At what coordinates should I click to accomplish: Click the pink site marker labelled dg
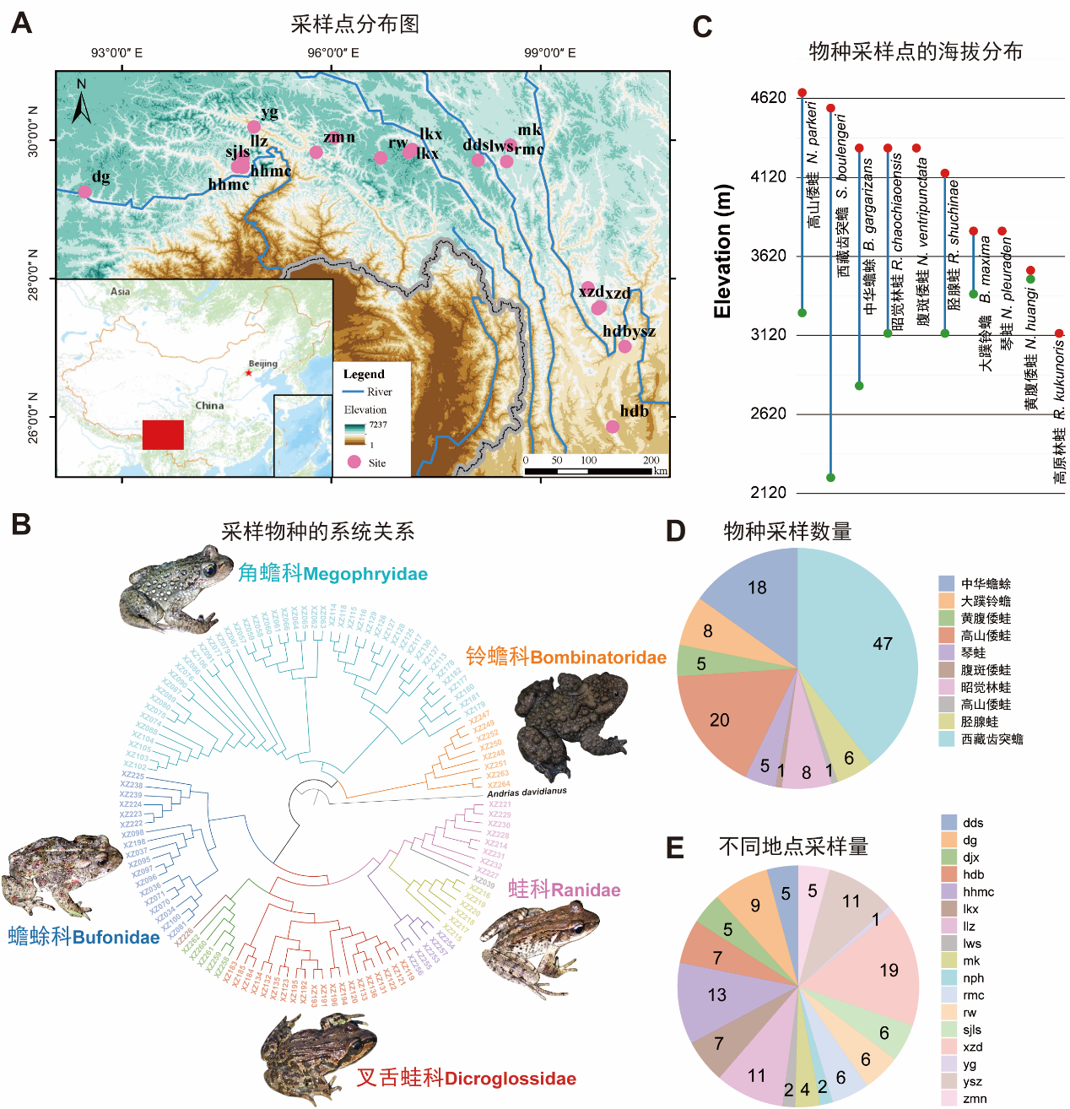pyautogui.click(x=84, y=192)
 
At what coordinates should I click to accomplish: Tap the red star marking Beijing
pyautogui.click(x=248, y=372)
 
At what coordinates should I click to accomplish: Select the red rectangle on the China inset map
pyautogui.click(x=163, y=435)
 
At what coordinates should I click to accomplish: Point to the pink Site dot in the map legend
pyautogui.click(x=354, y=462)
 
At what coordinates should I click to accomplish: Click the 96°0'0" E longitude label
pyautogui.click(x=332, y=53)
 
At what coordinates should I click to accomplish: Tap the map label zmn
pyautogui.click(x=339, y=138)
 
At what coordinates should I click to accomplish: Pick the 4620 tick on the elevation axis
pyautogui.click(x=768, y=98)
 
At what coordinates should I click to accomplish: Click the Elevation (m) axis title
pyautogui.click(x=722, y=251)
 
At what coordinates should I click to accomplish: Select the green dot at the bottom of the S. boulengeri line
pyautogui.click(x=830, y=478)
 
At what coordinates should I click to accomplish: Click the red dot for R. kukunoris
pyautogui.click(x=1059, y=333)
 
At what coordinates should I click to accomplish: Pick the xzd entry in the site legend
pyautogui.click(x=972, y=1047)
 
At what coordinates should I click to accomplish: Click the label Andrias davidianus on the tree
pyautogui.click(x=527, y=793)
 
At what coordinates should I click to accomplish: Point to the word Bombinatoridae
pyautogui.click(x=598, y=658)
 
